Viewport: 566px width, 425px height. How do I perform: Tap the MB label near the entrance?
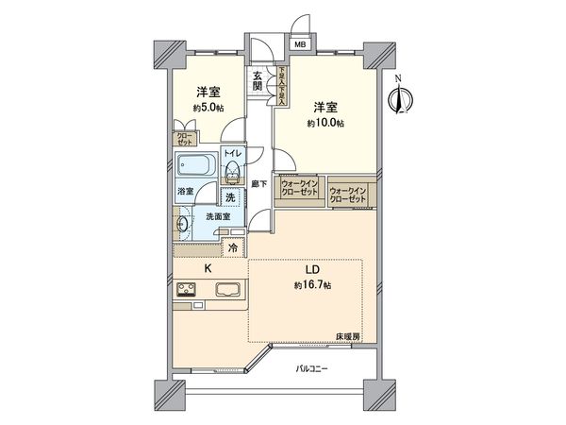[299, 44]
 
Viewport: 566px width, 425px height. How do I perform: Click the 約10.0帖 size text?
[324, 123]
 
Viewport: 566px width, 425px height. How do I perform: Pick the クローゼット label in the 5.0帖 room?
[182, 139]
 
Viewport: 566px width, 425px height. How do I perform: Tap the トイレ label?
[231, 152]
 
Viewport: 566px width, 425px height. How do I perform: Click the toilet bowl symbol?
[231, 170]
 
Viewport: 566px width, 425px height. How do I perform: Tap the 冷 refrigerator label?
[233, 248]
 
